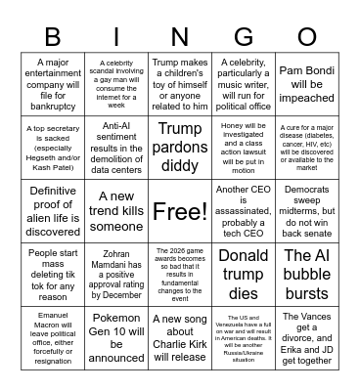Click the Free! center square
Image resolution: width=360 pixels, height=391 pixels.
[x=180, y=210]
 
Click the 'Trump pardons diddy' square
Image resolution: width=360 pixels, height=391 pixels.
[x=180, y=147]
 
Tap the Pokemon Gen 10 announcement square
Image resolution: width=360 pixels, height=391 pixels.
[x=116, y=337]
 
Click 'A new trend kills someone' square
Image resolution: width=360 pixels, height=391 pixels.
[x=116, y=210]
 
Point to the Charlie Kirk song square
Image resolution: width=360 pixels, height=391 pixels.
[x=180, y=337]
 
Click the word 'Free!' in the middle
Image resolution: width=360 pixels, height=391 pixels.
[x=180, y=211]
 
